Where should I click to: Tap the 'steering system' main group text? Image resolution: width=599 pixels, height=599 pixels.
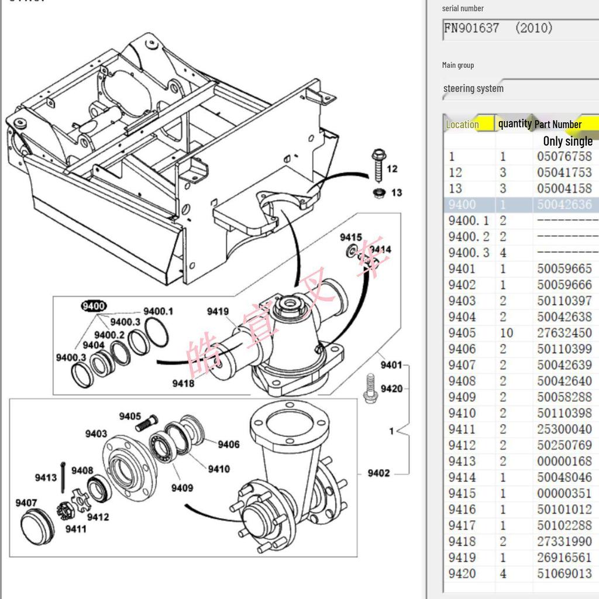click(473, 88)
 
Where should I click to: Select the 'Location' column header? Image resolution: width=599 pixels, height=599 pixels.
click(462, 124)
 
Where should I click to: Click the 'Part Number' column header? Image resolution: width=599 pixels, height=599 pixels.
click(558, 124)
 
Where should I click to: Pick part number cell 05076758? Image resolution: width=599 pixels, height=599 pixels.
click(564, 156)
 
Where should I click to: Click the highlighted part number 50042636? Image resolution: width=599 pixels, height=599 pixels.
click(564, 205)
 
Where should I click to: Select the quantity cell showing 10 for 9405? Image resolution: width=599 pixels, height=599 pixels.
click(506, 333)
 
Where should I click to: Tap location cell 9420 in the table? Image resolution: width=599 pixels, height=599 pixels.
click(462, 573)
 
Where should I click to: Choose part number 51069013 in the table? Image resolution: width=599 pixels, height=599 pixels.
click(564, 573)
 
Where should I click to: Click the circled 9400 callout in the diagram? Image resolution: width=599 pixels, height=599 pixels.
click(94, 306)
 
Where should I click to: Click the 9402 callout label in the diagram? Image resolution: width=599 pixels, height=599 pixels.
click(378, 473)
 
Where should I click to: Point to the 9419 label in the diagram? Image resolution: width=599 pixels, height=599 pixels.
click(218, 311)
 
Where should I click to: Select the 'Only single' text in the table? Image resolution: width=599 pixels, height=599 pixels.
click(567, 141)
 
